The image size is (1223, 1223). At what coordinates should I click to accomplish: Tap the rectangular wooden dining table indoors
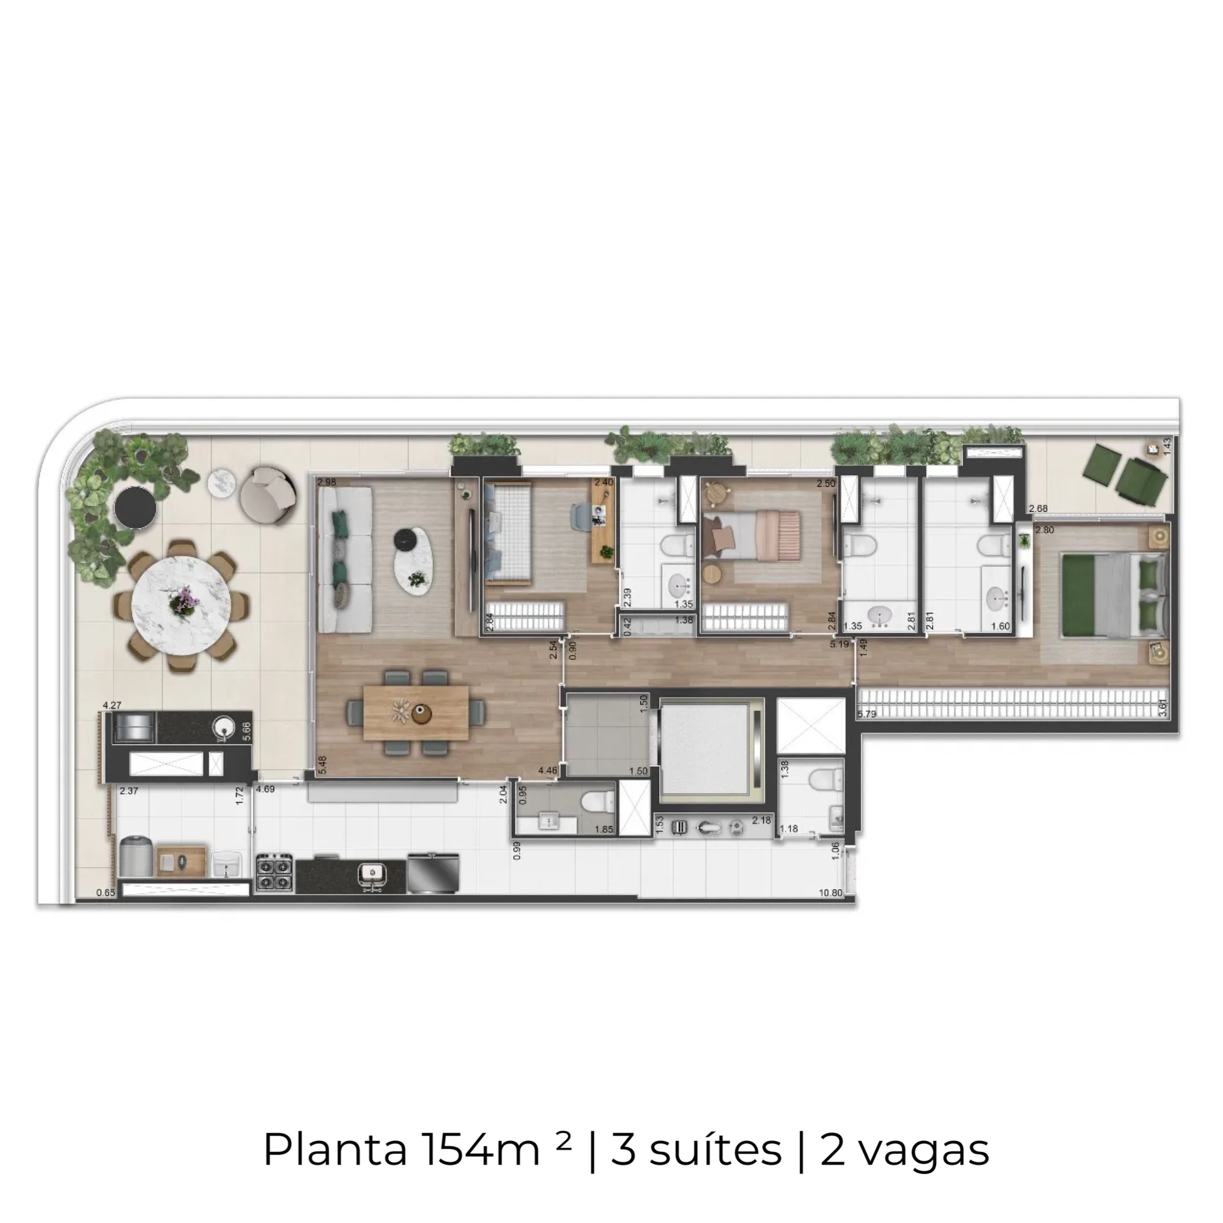(416, 712)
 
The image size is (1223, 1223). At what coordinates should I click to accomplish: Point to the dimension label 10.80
(830, 893)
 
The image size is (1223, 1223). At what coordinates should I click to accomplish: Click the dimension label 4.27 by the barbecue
(112, 704)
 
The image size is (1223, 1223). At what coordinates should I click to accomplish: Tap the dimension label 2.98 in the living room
(327, 482)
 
